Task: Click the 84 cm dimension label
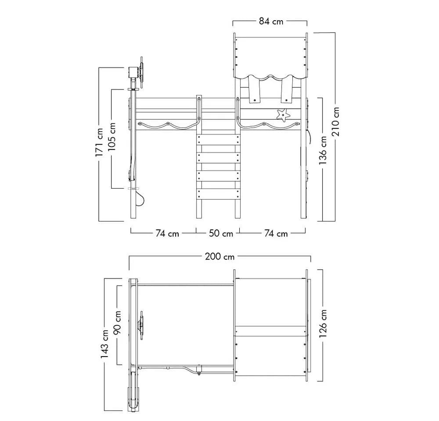271,21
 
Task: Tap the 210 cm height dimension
336,121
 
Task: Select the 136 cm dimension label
323,150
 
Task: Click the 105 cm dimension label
112,136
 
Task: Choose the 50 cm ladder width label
221,233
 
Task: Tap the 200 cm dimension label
219,256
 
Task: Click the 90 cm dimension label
117,322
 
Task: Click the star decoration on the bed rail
283,115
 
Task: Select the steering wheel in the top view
141,325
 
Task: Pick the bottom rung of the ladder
218,194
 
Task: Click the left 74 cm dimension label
167,233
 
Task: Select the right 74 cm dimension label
276,233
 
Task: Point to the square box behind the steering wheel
133,73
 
